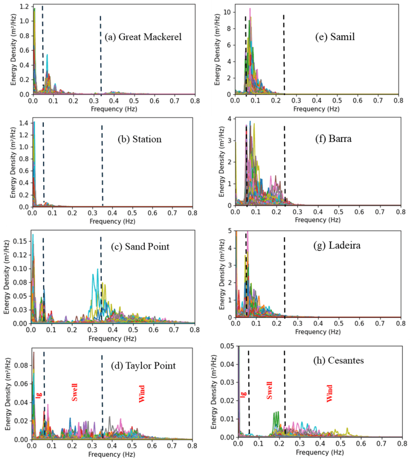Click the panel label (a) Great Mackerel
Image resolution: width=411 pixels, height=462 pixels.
click(x=143, y=37)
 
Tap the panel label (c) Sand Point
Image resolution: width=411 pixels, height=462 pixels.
click(x=140, y=247)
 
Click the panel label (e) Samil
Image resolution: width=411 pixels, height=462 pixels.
click(x=334, y=37)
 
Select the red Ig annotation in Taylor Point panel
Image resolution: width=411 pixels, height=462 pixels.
click(x=39, y=395)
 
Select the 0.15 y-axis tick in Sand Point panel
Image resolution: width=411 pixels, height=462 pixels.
click(x=21, y=242)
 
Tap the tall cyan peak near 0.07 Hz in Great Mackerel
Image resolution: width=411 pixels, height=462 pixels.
click(x=46, y=56)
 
